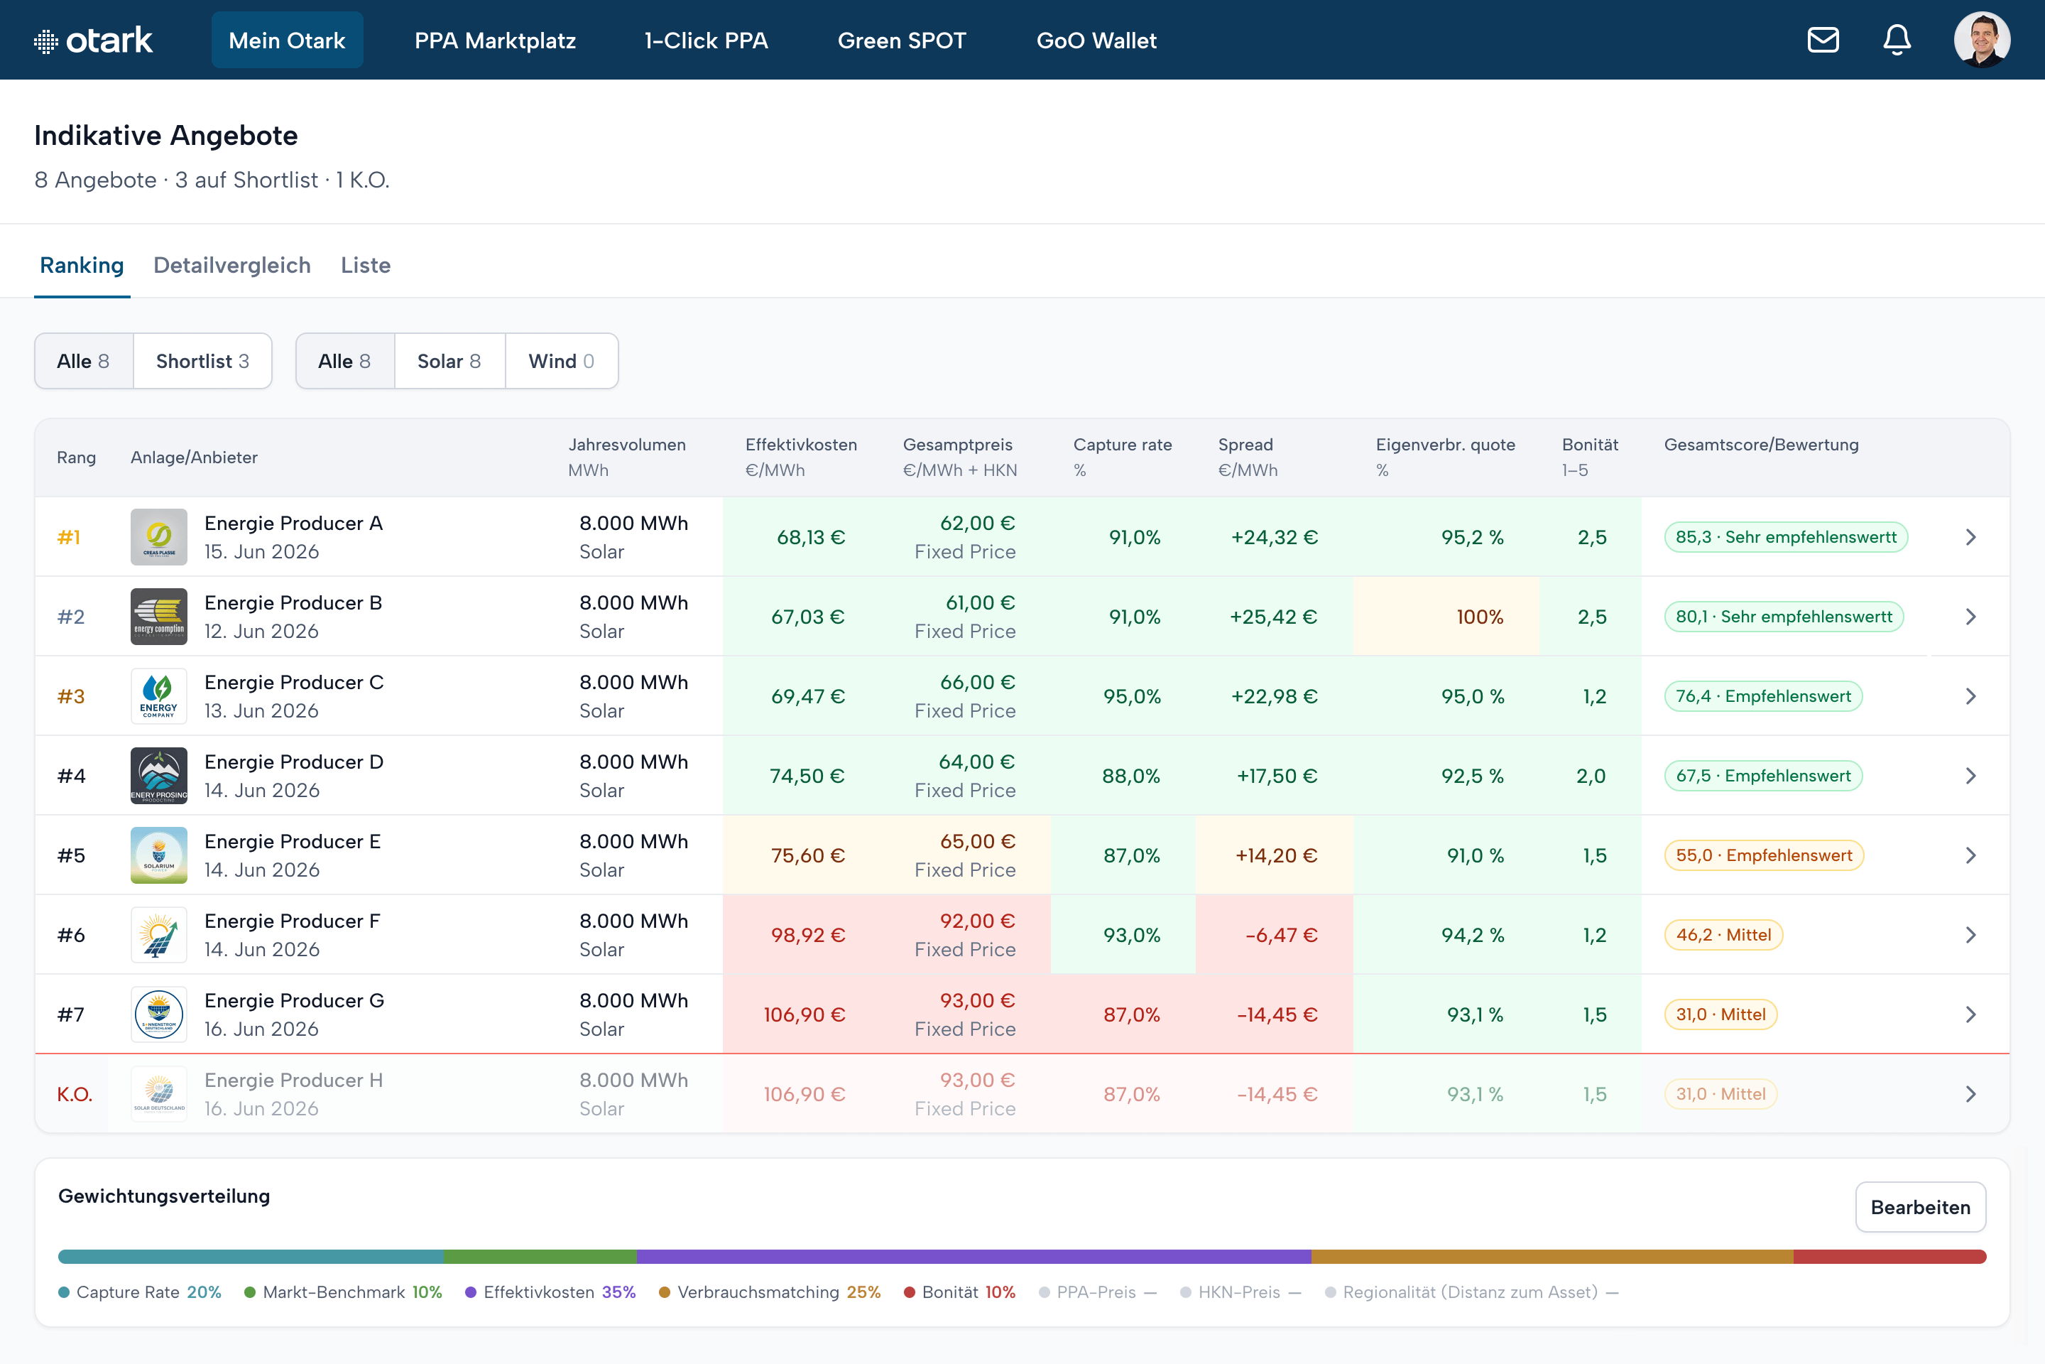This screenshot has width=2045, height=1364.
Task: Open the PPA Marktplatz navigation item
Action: pos(495,40)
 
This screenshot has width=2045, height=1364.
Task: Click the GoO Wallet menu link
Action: pos(1096,40)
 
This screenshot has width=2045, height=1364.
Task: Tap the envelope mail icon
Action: pos(1823,40)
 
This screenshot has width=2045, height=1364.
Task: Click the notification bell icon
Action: pos(1897,40)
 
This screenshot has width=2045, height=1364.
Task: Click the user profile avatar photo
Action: pos(1982,40)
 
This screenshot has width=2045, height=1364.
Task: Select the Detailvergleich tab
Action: pos(232,265)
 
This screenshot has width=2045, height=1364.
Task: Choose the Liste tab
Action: pos(365,265)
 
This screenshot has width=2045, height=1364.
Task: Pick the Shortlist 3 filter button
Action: pos(202,361)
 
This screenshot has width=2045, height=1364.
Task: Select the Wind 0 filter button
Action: pos(562,361)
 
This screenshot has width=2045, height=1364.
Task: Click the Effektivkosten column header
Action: pos(801,445)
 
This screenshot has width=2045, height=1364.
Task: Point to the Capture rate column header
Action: pos(1123,445)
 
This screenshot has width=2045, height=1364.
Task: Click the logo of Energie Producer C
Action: pos(159,696)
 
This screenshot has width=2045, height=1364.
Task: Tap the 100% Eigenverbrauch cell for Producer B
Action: pos(1480,617)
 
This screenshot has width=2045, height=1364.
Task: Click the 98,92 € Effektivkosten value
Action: pos(808,935)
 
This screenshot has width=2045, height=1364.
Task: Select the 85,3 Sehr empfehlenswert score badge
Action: pos(1786,537)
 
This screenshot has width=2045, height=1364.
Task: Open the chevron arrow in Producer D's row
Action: pos(1970,776)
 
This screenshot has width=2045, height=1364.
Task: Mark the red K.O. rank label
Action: pos(75,1094)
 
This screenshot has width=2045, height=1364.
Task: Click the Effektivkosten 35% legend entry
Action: pos(550,1292)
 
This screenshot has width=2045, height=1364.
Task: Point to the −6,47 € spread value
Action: pos(1281,935)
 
